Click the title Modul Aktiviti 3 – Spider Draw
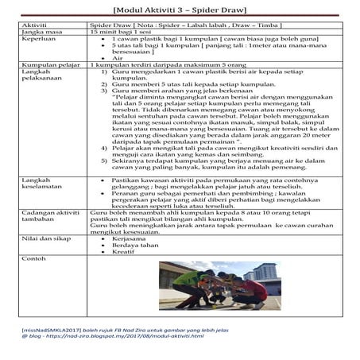pos(179,10)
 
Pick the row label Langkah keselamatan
pos(38,184)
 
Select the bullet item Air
pos(118,57)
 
